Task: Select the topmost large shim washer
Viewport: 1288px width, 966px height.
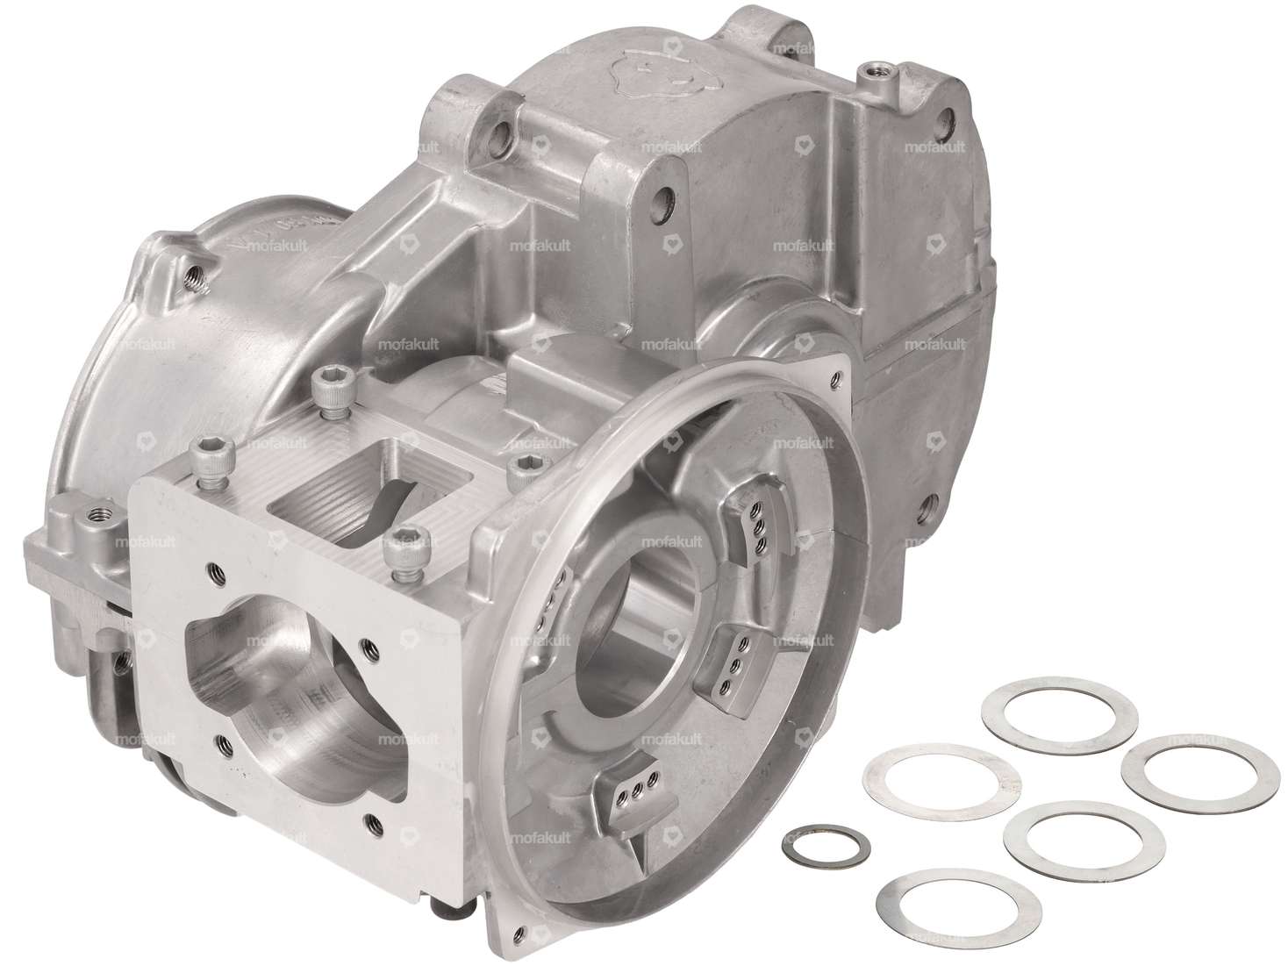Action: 1060,707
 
